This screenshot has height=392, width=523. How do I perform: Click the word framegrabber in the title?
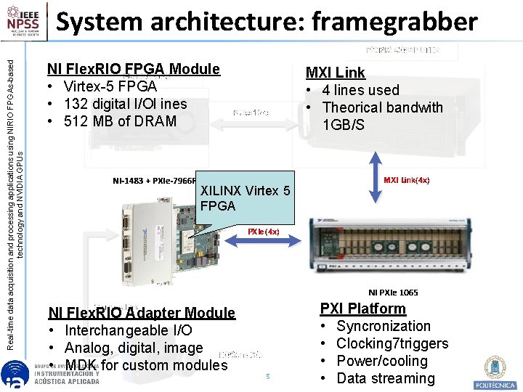(394, 22)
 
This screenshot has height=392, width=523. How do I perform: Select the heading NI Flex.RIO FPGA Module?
(133, 70)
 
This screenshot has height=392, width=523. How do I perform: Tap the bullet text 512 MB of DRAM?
(120, 121)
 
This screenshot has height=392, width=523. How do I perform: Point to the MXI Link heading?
(335, 73)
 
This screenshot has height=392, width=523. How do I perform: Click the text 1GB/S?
(344, 125)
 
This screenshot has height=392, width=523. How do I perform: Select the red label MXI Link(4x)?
(406, 179)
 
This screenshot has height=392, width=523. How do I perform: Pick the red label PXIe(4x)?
(263, 232)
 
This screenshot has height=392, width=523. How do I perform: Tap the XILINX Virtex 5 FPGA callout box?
(246, 198)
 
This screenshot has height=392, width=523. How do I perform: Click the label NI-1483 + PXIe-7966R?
(154, 180)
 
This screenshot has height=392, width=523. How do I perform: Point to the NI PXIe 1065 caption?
(393, 293)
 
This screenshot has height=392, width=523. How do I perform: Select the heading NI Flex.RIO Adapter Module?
(142, 314)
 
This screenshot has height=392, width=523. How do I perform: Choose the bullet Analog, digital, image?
(133, 348)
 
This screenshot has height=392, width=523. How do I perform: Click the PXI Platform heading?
(362, 309)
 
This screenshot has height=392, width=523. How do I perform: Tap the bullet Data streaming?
(385, 378)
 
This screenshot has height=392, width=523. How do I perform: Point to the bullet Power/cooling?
(381, 361)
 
